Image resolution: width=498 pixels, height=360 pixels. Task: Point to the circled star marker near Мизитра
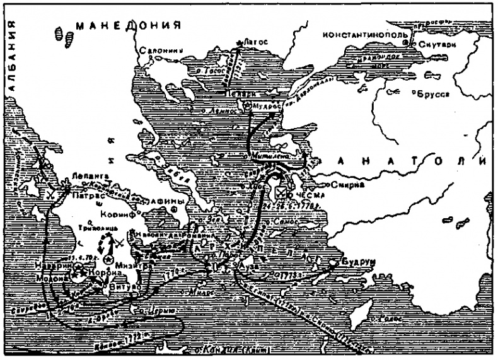pyautogui.click(x=109, y=260)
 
